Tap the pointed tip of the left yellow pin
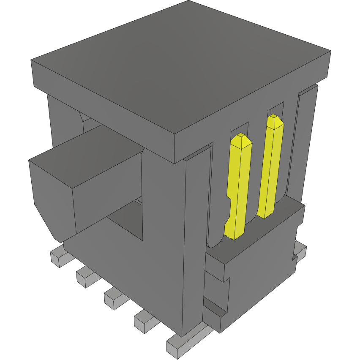pos(242,136)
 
